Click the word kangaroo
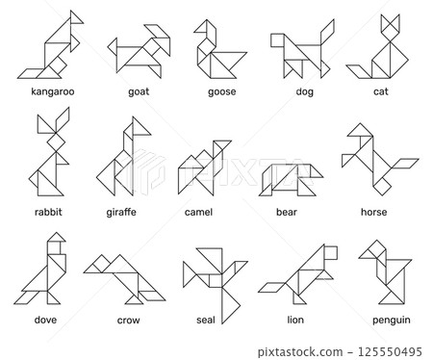pos(52,92)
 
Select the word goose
pos(221,92)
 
